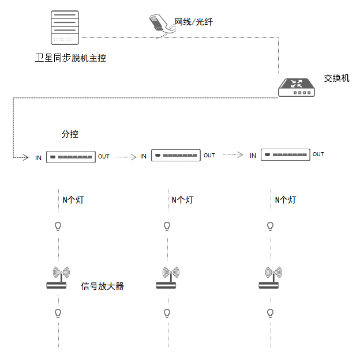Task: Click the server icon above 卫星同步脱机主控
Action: pos(65,28)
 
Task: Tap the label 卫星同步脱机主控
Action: pos(70,58)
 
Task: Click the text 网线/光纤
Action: pos(193,22)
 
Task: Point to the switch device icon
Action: pos(297,87)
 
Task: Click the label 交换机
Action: pos(336,78)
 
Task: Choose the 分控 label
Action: pos(70,134)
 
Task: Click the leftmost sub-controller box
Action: pos(71,157)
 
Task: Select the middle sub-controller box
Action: pos(176,156)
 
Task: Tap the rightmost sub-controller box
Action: pos(286,154)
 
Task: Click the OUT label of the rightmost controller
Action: pos(318,154)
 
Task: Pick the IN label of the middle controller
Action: pos(143,156)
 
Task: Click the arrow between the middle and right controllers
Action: pos(233,154)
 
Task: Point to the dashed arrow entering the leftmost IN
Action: pos(13,127)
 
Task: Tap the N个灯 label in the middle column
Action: pos(183,200)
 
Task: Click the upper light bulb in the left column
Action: pos(58,226)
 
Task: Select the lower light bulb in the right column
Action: pos(271,313)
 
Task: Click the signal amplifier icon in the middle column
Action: pos(168,278)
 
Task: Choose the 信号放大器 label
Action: pos(103,286)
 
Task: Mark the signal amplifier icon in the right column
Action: pos(271,278)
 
